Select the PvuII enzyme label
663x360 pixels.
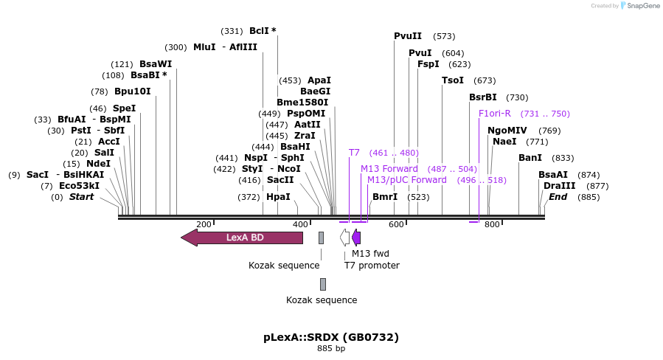point(408,36)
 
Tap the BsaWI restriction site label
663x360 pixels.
point(155,64)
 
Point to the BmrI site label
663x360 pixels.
point(385,197)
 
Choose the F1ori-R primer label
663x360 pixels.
point(494,114)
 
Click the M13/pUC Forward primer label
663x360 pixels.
point(407,180)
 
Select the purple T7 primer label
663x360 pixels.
point(354,153)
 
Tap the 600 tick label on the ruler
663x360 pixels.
point(396,224)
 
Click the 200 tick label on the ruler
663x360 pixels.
point(204,224)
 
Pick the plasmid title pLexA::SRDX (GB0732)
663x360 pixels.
point(331,337)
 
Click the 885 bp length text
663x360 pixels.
point(331,348)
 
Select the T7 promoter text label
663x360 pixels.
point(372,266)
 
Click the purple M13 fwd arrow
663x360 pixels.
point(356,238)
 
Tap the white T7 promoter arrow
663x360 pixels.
point(345,238)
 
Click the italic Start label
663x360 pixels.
point(82,197)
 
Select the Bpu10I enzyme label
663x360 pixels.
point(132,91)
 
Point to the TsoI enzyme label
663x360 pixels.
point(453,80)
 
